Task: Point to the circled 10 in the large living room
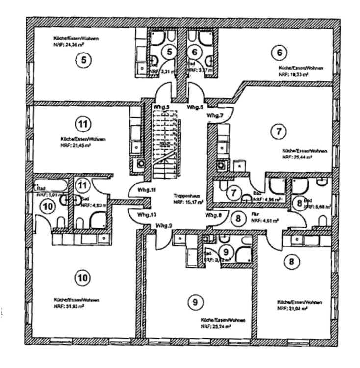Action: [83, 278]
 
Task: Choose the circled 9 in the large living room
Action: [195, 303]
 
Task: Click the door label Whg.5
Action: [161, 107]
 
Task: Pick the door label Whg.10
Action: [147, 215]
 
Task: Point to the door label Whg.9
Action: [165, 225]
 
